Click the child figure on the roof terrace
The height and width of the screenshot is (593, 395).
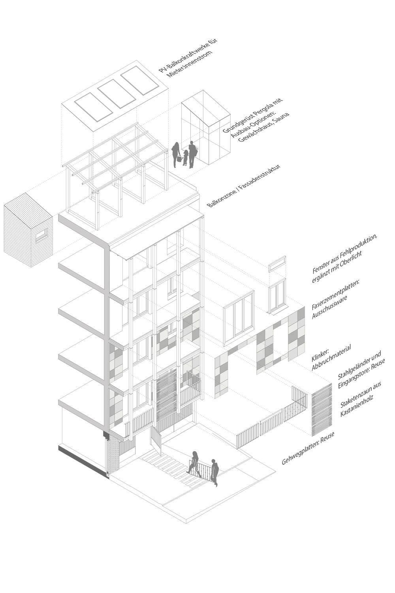tap(186, 158)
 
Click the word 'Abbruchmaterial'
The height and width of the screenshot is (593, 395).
tap(331, 358)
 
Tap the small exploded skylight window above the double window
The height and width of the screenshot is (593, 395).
tap(277, 264)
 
